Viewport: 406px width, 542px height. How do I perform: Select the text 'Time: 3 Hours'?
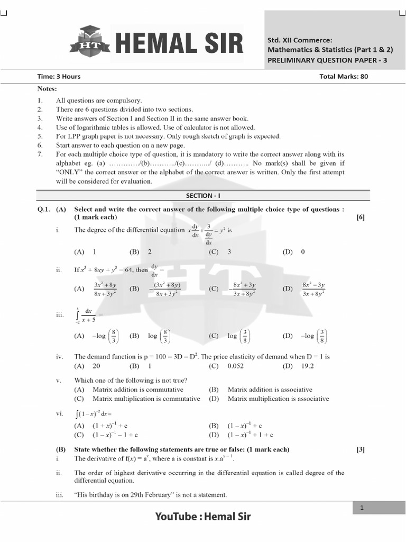(59, 76)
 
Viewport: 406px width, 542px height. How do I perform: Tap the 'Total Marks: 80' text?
(344, 76)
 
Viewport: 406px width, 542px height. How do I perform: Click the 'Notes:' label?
(47, 89)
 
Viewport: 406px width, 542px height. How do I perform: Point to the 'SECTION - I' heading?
(202, 196)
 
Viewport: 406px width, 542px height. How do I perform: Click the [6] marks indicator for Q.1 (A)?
(361, 217)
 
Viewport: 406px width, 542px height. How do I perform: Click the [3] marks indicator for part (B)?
(361, 449)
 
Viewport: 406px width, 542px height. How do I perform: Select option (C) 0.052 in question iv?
(229, 366)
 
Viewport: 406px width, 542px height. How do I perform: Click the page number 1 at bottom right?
(362, 508)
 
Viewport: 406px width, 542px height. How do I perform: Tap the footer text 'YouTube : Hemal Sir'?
(203, 517)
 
